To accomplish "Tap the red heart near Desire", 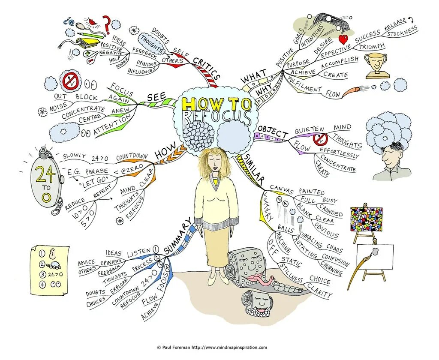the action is (343, 40).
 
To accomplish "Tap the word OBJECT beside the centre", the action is (273, 133).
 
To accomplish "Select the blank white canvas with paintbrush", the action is (374, 256).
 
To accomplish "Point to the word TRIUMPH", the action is (372, 46).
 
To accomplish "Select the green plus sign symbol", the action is (87, 54).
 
